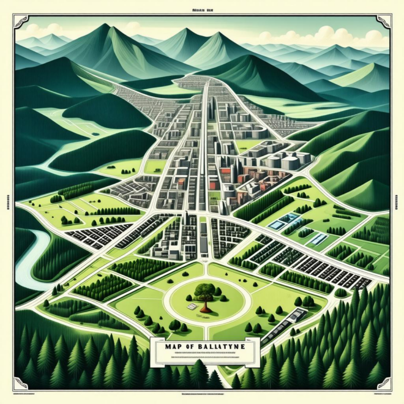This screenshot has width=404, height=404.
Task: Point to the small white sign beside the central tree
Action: (x=192, y=305)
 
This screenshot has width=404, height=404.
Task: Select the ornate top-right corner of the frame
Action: (x=383, y=22)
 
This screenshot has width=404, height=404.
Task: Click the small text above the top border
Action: (x=202, y=10)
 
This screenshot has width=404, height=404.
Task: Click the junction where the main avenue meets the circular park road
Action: (x=204, y=269)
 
